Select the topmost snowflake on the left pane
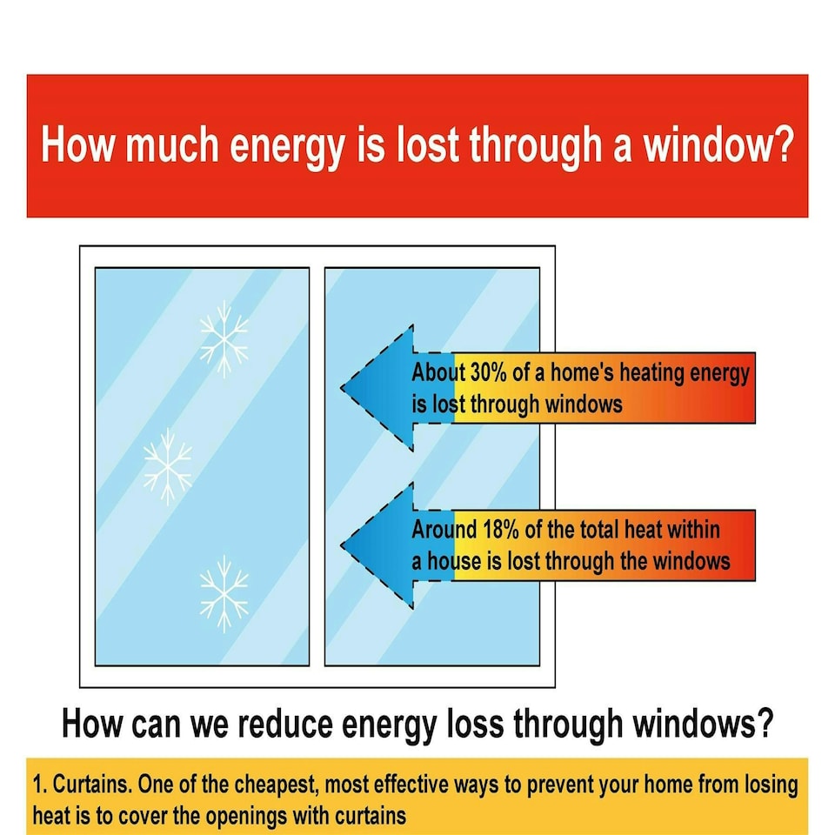point(224,339)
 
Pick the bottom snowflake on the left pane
point(224,593)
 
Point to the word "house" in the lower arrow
point(452,561)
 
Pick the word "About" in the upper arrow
point(438,374)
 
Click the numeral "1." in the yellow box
point(40,785)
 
